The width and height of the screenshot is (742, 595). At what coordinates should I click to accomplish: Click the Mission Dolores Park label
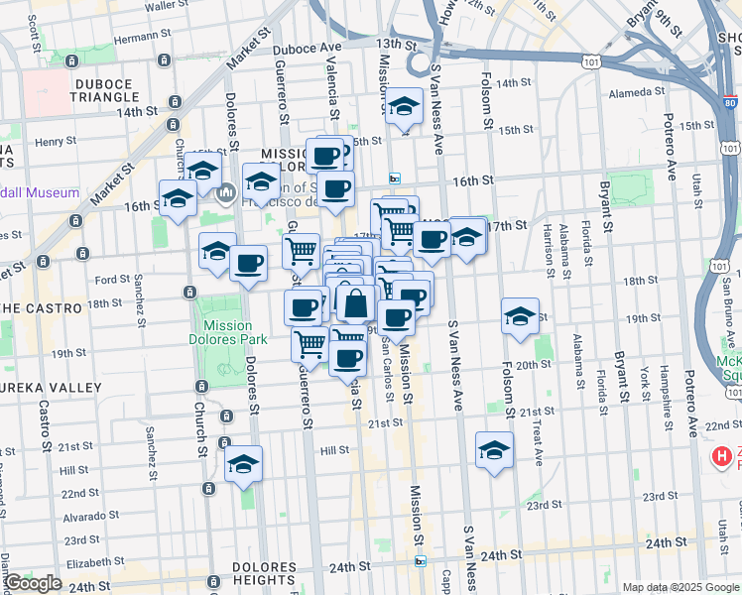point(234,332)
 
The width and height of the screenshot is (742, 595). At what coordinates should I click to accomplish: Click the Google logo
point(33,583)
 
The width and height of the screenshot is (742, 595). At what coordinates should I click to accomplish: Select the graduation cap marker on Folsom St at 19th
point(520,316)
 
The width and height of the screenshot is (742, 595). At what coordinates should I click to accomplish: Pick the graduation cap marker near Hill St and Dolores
point(243,463)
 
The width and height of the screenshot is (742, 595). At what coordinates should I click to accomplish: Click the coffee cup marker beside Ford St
point(248,264)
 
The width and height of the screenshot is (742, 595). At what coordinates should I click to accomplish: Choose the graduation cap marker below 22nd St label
point(494,450)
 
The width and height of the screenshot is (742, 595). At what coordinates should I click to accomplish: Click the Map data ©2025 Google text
point(680,587)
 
